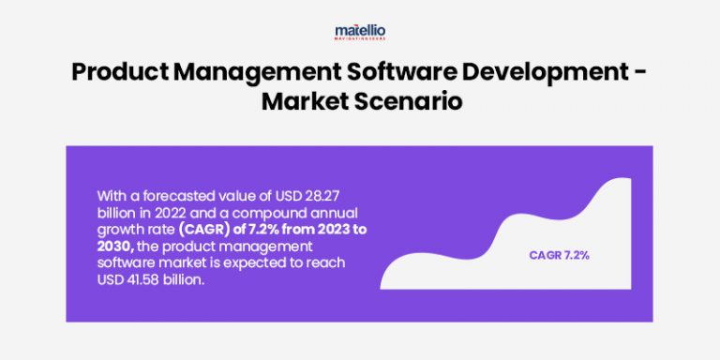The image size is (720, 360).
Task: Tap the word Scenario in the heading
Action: click(404, 100)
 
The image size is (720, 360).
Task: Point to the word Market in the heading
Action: click(300, 100)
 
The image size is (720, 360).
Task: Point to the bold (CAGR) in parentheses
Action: click(203, 230)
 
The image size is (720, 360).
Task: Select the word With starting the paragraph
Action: click(112, 196)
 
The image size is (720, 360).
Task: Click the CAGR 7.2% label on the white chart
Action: click(559, 255)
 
